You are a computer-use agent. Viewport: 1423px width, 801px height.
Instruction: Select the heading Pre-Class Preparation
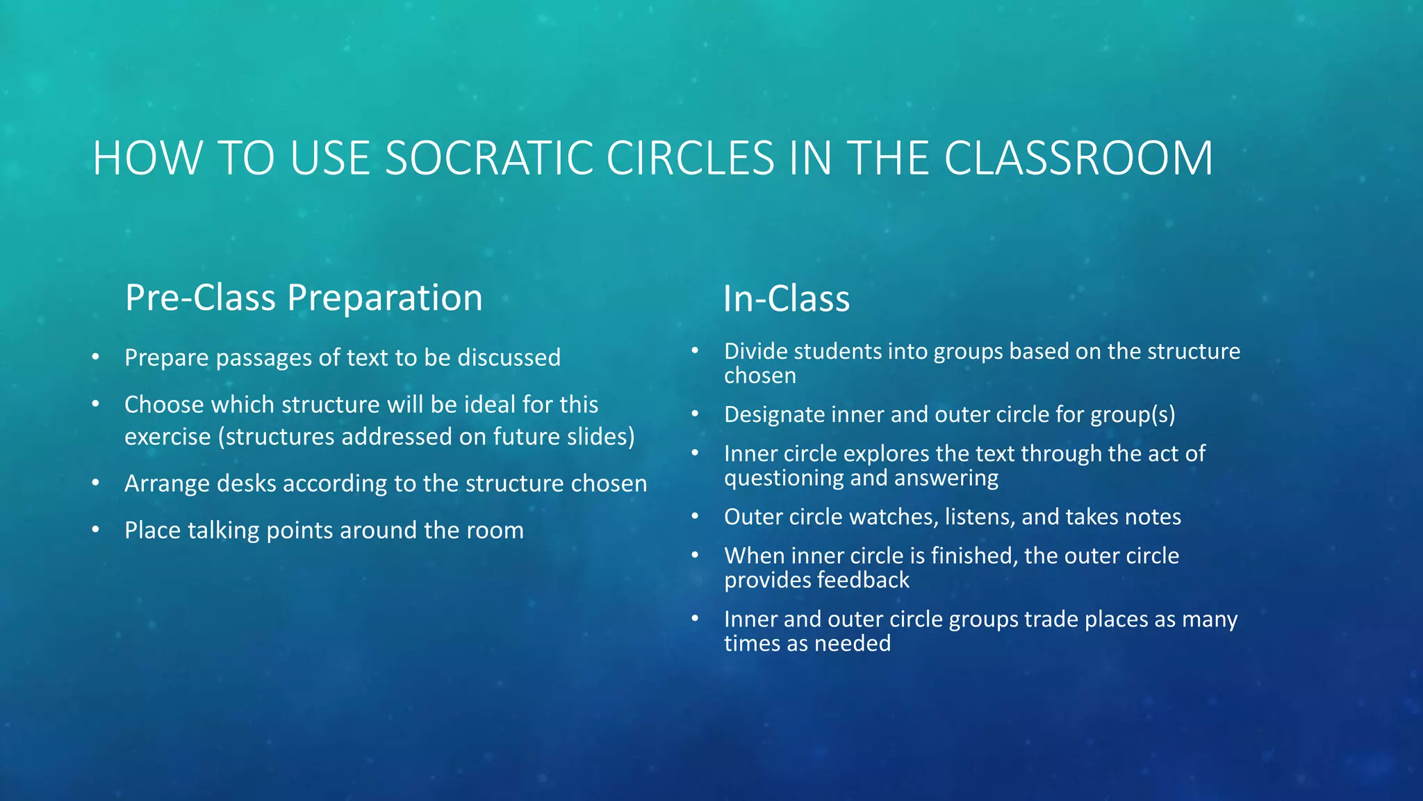(x=304, y=298)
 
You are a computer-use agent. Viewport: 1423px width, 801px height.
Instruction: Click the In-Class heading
(x=786, y=299)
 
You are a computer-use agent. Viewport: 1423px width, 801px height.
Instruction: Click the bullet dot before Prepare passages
(x=96, y=357)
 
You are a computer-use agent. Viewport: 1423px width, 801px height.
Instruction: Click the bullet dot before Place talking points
(x=96, y=531)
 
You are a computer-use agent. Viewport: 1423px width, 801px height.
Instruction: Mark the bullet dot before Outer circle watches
(x=695, y=517)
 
